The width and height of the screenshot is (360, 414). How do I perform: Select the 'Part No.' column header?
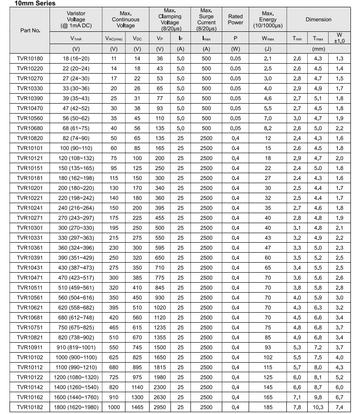(x=30, y=30)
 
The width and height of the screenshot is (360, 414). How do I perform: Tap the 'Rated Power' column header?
(x=235, y=19)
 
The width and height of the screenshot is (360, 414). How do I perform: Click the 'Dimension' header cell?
(x=318, y=20)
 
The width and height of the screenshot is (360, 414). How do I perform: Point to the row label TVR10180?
(x=30, y=59)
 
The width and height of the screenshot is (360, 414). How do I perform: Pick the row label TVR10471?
(x=30, y=278)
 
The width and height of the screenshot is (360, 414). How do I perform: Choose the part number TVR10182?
(x=30, y=407)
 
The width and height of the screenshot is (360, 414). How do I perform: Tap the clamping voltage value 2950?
(x=160, y=407)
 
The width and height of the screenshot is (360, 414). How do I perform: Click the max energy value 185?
(x=268, y=407)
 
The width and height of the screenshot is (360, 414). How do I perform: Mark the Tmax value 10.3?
(x=317, y=407)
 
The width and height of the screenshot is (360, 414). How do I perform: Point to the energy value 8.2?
(x=268, y=128)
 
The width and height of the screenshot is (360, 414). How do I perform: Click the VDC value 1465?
(x=137, y=407)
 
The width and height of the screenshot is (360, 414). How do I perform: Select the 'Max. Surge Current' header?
(x=206, y=20)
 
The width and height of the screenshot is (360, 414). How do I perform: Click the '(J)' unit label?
(x=268, y=49)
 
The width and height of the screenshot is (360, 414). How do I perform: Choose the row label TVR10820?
(x=30, y=138)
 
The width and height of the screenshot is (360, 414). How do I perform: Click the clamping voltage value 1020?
(x=160, y=308)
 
